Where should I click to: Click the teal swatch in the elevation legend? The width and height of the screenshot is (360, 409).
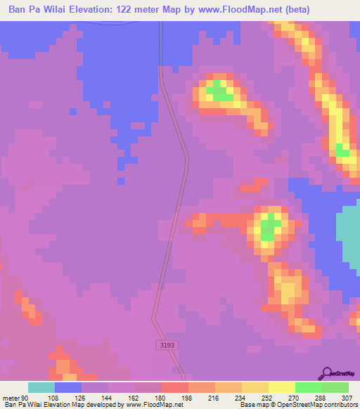click(x=41, y=387)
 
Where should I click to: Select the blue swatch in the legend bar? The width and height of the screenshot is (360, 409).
click(x=68, y=387)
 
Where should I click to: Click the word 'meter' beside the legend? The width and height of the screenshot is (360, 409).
click(x=11, y=397)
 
